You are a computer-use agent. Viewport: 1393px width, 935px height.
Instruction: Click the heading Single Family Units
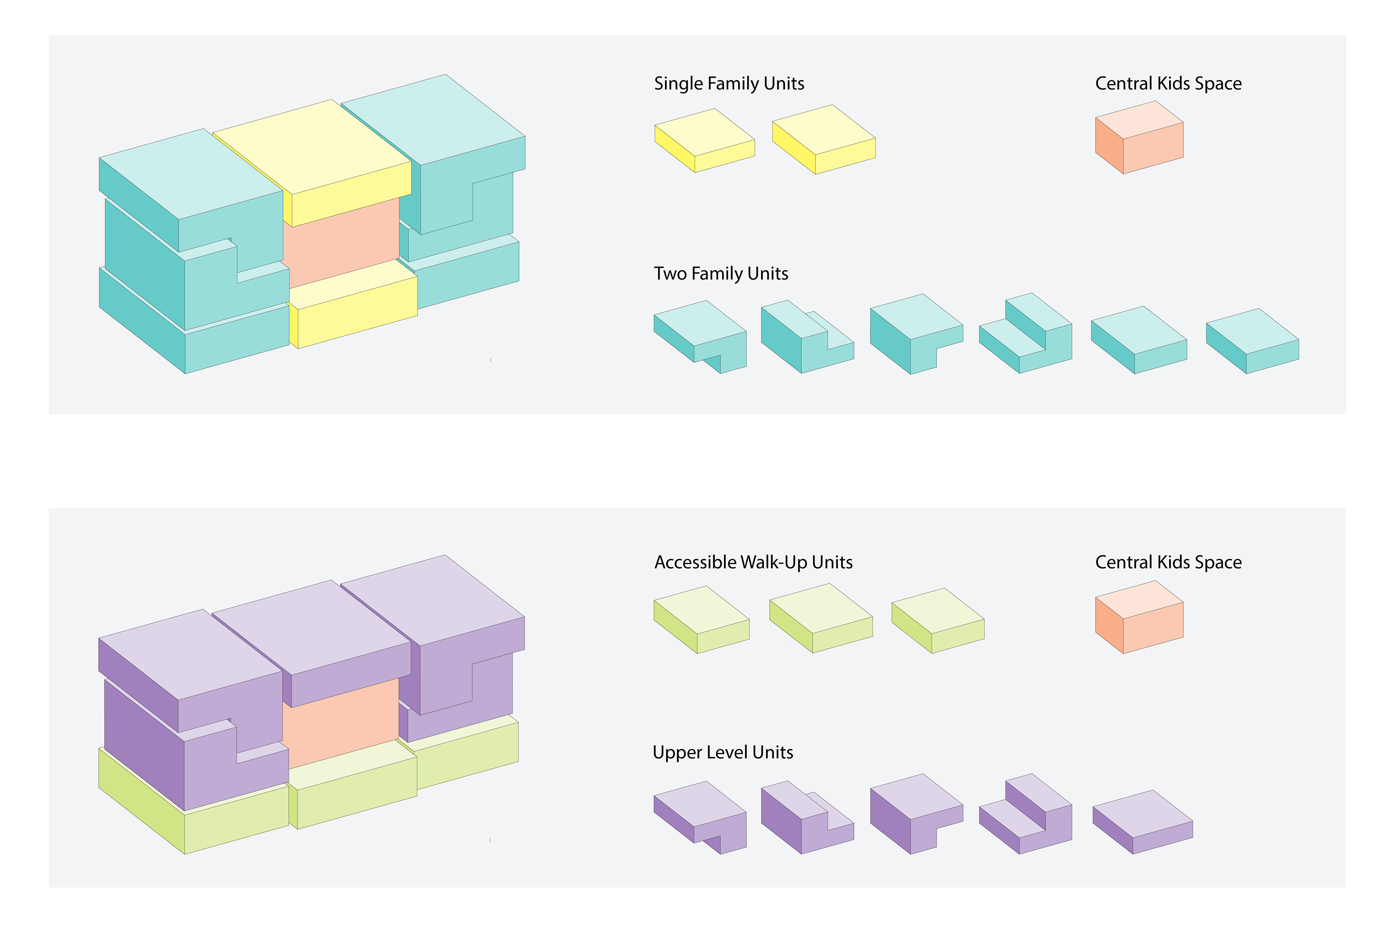click(729, 83)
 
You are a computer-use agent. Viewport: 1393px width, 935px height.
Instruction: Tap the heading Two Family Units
click(721, 274)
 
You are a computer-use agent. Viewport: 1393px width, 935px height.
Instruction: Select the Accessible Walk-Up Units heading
click(753, 562)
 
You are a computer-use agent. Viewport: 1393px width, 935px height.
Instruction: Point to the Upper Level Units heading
click(723, 753)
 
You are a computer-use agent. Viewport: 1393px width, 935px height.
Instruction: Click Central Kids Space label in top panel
click(1168, 83)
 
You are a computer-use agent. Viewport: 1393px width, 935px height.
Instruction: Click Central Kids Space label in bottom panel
click(1168, 562)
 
